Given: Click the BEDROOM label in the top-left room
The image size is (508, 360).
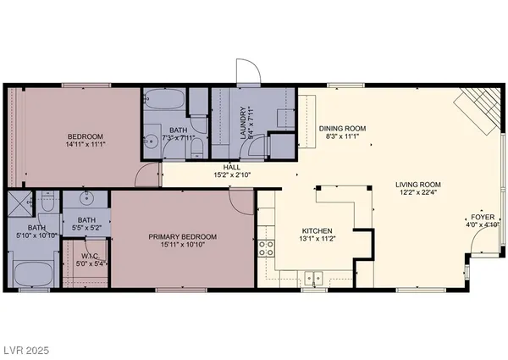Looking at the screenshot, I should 86,136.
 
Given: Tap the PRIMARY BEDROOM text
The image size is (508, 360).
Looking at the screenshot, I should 183,236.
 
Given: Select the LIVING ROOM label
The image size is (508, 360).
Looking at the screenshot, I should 418,184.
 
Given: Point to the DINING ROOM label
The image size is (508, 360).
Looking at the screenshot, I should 341,129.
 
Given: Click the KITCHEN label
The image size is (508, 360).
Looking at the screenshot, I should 317,230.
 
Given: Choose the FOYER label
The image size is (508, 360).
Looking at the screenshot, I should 483,217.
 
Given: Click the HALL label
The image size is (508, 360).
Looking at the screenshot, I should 231,167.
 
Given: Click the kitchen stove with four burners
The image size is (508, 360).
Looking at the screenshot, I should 266,247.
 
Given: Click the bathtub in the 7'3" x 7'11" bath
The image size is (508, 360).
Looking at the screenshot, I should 163,101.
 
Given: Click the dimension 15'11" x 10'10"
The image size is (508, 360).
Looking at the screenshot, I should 183,246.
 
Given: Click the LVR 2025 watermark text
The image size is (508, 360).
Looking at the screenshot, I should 26,348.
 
